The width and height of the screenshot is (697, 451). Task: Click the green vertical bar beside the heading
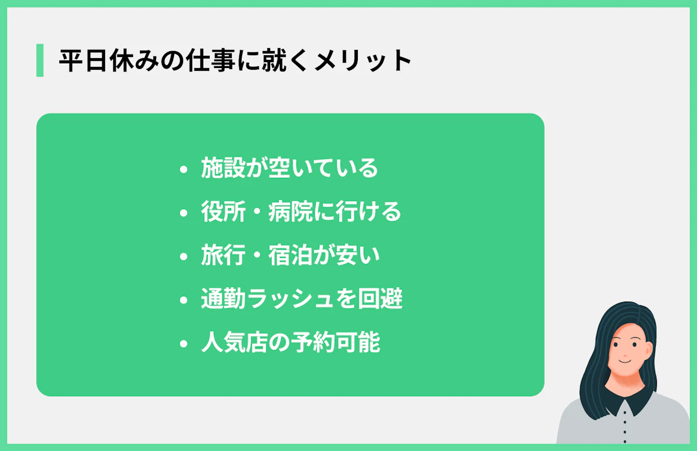tap(39, 60)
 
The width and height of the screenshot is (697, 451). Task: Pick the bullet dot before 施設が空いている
tap(184, 170)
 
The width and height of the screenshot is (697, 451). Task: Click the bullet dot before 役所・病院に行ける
tap(184, 213)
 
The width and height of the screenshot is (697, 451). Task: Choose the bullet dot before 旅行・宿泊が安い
tap(184, 257)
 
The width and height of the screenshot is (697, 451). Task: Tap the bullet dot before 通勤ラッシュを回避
tap(184, 300)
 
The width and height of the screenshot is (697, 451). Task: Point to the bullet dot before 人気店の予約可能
tap(184, 344)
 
